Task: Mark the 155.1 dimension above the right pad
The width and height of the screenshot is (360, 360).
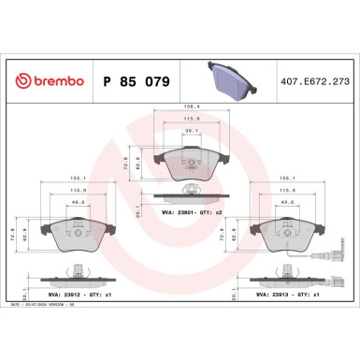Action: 282,175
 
